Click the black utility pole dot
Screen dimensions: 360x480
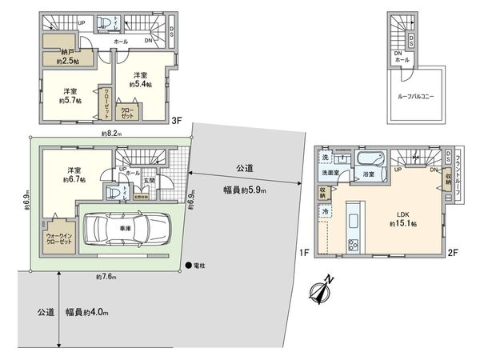tap(189, 265)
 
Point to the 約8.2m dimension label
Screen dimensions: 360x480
tap(111, 134)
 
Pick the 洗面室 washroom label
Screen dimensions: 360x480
tap(333, 172)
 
